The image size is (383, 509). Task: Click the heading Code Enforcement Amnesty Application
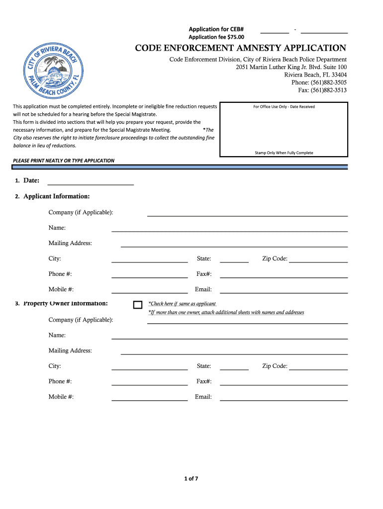click(x=241, y=48)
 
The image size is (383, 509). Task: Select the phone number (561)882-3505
click(x=329, y=83)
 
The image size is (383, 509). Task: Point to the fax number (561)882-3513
click(x=329, y=90)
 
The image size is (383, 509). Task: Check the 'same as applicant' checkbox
click(x=138, y=305)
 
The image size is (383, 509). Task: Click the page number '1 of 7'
click(x=191, y=479)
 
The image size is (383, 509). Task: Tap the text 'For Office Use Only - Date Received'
click(x=284, y=106)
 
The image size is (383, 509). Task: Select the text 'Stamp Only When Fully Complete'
click(x=284, y=153)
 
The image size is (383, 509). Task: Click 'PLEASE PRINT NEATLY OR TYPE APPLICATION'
click(x=64, y=161)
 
